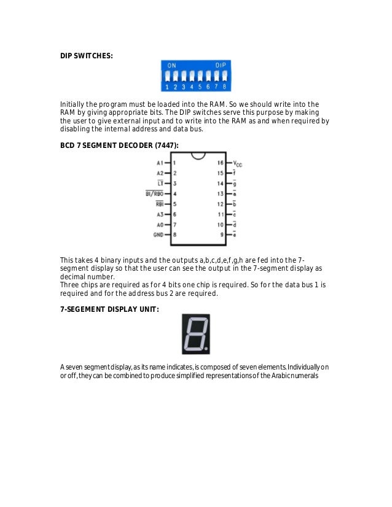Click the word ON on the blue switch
coord(171,64)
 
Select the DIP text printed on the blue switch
coord(219,64)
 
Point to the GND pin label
coord(159,234)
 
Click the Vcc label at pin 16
coord(238,164)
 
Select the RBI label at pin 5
coord(159,204)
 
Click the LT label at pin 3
coord(160,184)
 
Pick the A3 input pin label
coord(160,214)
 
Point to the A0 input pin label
coord(160,225)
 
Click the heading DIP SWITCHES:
coord(86,55)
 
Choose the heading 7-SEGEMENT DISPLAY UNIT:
coord(109,309)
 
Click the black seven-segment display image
coord(195,334)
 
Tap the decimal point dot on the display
coord(206,350)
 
